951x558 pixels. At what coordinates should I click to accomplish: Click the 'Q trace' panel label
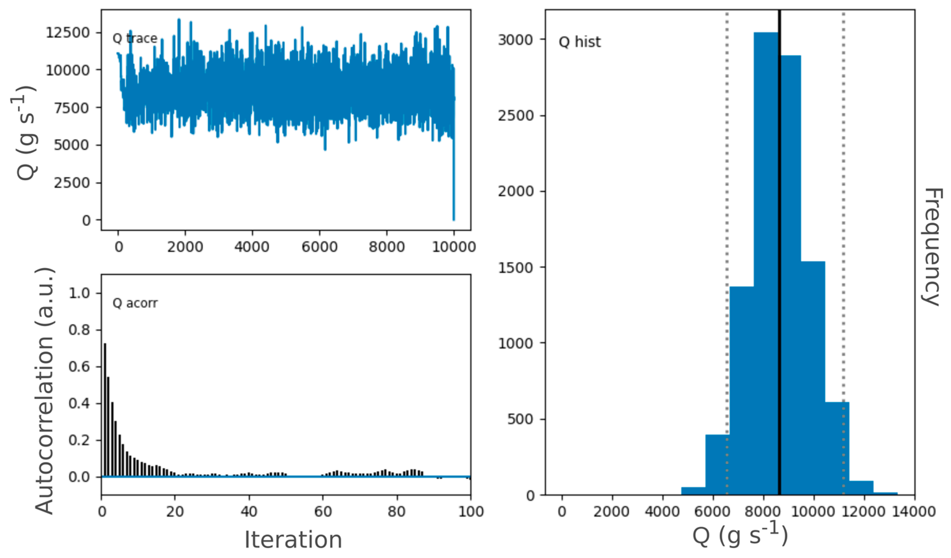[x=135, y=38]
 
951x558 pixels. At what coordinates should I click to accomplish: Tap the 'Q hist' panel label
[x=579, y=42]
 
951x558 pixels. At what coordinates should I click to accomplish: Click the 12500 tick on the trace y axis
[x=68, y=33]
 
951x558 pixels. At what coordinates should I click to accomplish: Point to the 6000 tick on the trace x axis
[x=319, y=247]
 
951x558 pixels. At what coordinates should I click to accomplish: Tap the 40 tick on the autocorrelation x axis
[x=249, y=512]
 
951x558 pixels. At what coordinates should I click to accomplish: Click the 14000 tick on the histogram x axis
[x=914, y=512]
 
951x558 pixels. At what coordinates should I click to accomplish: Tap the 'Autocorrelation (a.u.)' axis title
[x=45, y=391]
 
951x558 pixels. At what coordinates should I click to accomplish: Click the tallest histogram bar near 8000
[x=766, y=264]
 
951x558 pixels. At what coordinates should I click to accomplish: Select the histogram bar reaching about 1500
[x=812, y=377]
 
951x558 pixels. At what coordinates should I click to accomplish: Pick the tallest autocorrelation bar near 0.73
[x=105, y=410]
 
